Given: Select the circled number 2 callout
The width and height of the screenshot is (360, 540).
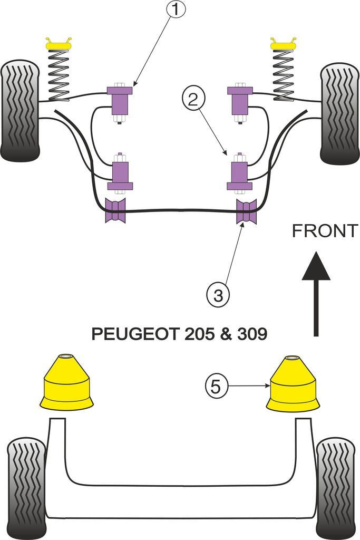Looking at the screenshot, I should tap(193, 99).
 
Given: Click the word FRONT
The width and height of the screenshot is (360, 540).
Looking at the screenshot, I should tap(325, 231).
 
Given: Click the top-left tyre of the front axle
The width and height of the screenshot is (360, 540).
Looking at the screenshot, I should tap(20, 111).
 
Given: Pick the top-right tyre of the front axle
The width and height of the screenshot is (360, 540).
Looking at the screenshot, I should tap(339, 113).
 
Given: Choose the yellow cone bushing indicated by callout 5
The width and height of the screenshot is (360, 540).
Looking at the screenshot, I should tap(293, 383).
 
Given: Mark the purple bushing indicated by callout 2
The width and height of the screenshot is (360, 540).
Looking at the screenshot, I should tap(239, 173).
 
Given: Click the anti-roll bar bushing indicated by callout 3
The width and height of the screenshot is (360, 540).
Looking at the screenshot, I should tap(246, 212).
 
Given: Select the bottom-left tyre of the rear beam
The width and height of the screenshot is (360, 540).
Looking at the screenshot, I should tap(26, 485).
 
